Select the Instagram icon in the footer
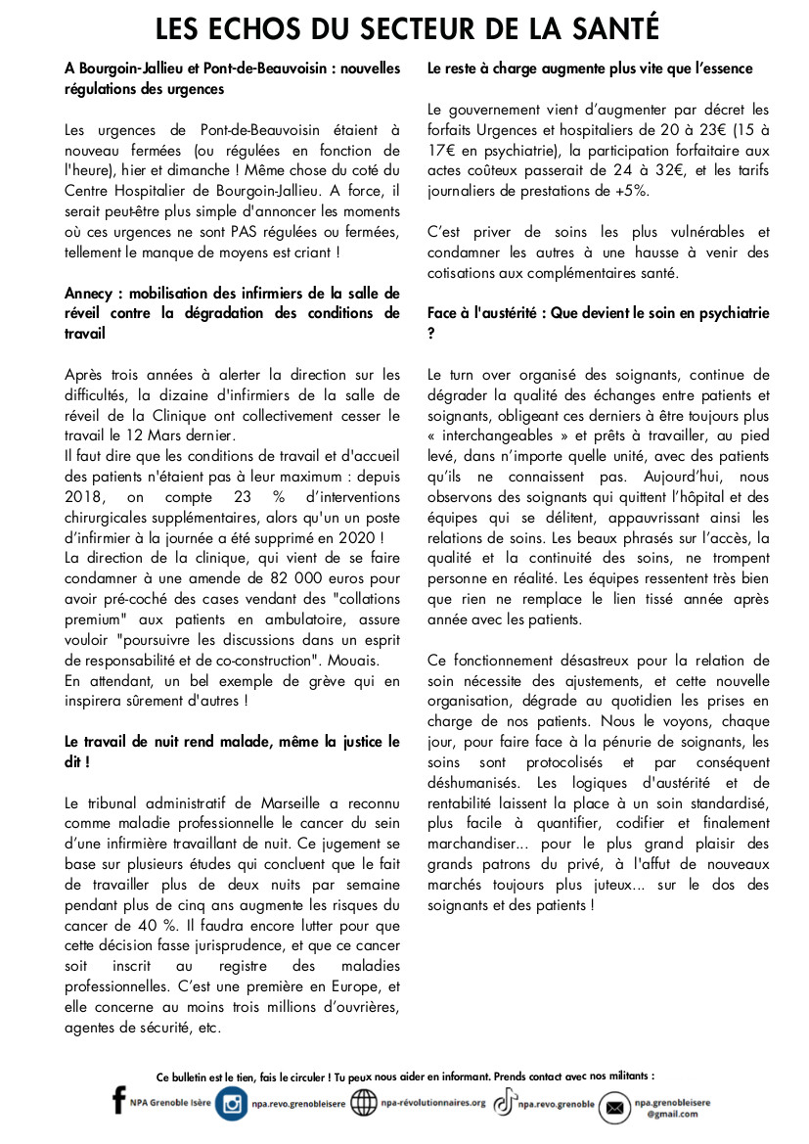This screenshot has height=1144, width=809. tap(232, 1104)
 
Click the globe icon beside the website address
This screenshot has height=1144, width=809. tap(364, 1104)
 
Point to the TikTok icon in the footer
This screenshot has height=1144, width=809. tap(503, 1104)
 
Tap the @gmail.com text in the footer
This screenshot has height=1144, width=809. tap(667, 1114)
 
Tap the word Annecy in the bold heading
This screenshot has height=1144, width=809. tap(89, 293)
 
